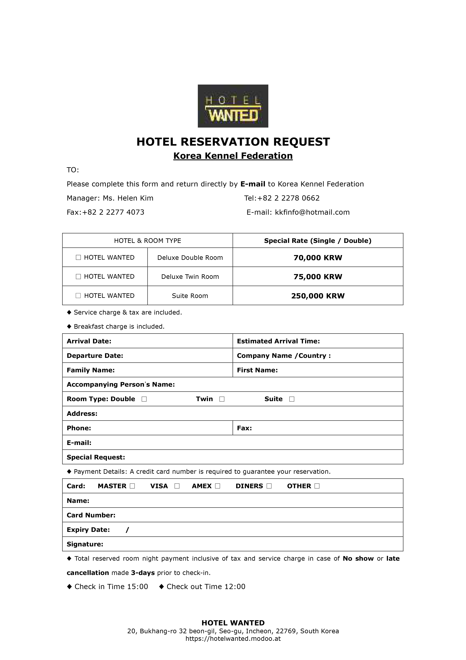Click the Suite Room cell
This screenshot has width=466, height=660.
[x=190, y=296]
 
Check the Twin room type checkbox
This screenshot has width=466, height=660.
[x=222, y=399]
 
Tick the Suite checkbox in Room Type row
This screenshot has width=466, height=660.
[x=292, y=399]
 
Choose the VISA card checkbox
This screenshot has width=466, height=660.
[x=177, y=486]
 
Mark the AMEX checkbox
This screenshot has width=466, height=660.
[x=218, y=486]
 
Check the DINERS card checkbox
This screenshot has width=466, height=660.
[x=269, y=486]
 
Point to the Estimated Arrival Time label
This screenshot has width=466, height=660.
[x=278, y=341]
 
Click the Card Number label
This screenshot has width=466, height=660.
[x=91, y=515]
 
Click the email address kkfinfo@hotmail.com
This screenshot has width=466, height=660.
[x=312, y=212]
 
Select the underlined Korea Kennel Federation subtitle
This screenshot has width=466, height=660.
[x=233, y=156]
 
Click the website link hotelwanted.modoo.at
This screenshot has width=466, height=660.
[x=233, y=639]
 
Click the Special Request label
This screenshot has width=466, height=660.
[x=96, y=457]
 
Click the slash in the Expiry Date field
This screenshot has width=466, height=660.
[x=127, y=530]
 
